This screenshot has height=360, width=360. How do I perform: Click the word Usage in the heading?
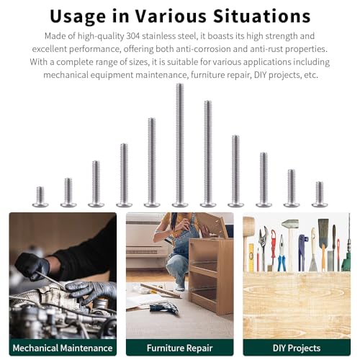point(78,17)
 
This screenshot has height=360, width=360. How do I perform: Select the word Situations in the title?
point(262,16)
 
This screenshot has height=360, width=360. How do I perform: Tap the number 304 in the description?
point(132,36)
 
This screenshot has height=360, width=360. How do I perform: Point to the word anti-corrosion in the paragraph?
point(203,49)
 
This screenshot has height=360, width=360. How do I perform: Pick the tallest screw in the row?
point(180,145)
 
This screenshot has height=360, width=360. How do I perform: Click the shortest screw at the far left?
point(40,197)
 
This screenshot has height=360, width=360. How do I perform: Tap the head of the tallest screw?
point(180,204)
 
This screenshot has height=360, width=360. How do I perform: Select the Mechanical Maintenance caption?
point(63,348)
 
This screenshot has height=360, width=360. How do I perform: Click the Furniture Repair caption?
point(180,348)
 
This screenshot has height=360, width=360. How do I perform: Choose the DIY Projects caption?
point(297,348)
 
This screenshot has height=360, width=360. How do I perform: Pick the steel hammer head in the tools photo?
point(290,224)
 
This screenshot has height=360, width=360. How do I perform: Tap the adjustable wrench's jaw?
point(264,233)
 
